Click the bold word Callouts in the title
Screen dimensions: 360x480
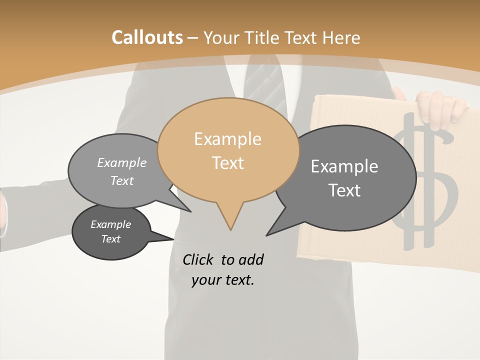point(147,37)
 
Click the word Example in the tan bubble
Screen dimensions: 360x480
point(227,139)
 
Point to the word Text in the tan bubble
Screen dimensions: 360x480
point(227,163)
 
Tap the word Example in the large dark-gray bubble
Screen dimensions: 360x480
point(344,166)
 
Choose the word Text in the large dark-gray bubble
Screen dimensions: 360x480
point(344,190)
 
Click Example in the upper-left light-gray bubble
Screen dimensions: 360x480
point(121,162)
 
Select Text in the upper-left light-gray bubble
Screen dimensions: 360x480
point(121,180)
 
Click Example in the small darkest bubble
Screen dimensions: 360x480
point(110,224)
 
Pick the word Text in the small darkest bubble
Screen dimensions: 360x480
point(110,239)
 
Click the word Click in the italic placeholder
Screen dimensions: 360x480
point(199,259)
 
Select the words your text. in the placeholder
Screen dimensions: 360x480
point(222,280)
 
